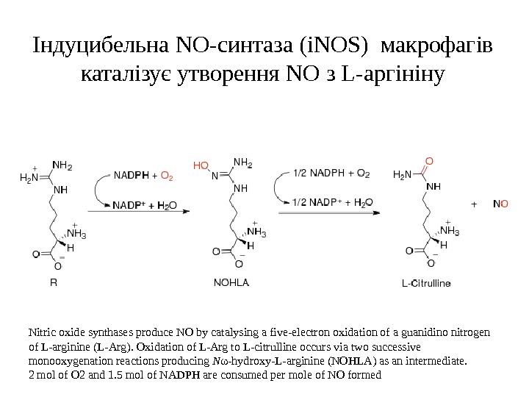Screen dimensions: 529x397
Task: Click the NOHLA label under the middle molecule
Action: pos(231,282)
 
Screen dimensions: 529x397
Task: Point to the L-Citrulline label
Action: pos(427,282)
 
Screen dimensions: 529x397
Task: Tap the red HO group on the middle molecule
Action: pos(201,165)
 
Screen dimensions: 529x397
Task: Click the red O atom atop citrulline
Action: pos(429,160)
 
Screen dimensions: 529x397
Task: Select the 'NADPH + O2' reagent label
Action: pos(143,176)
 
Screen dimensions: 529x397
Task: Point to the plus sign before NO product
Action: pos(473,203)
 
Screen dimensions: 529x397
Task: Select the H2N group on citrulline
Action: pos(403,175)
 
